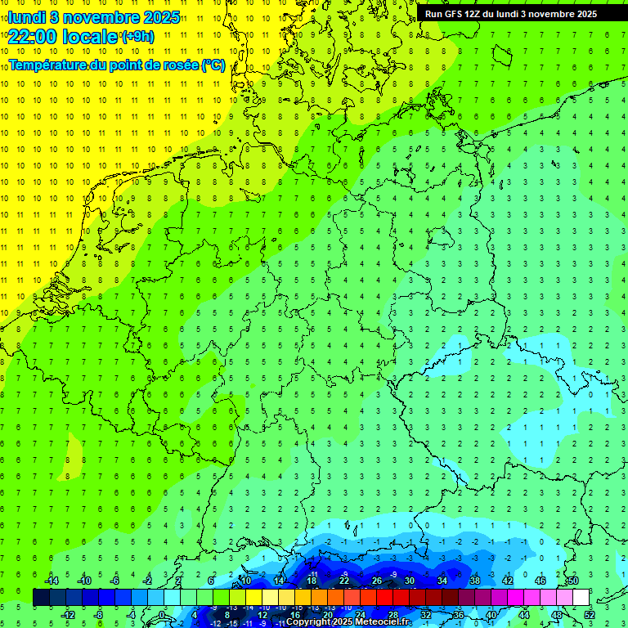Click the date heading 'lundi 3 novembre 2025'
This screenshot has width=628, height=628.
point(93,17)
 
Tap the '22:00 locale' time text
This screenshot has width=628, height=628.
point(62,35)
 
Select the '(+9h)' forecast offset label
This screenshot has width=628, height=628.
point(137,36)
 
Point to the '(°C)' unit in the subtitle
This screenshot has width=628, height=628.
point(213,65)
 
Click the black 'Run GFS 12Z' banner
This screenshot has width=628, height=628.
point(511,13)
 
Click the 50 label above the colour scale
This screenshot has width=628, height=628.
point(572,581)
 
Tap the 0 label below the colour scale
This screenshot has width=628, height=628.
point(162,615)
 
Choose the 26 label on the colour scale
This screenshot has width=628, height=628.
point(376,581)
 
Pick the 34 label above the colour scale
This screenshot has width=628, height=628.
point(442,581)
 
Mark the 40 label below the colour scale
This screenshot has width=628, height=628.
point(491,615)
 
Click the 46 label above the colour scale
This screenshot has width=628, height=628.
point(540,581)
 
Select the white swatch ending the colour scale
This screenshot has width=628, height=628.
point(581,598)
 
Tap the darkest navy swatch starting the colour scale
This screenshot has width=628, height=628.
point(41,598)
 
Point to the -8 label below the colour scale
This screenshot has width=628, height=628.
point(99,615)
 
